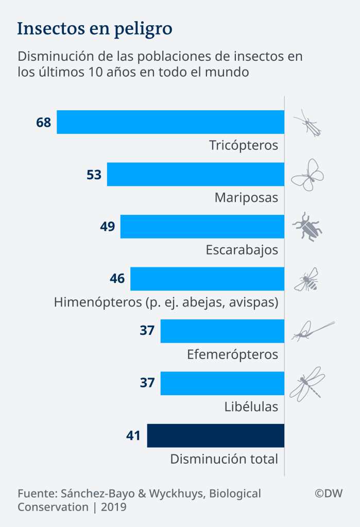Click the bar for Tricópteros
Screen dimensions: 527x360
(170, 122)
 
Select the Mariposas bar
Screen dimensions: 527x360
(195, 174)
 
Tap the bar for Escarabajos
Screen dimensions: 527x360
(202, 227)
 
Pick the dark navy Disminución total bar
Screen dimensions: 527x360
(215, 436)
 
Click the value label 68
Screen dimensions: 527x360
(43, 123)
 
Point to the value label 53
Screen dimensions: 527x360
(94, 175)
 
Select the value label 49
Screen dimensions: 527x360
(107, 227)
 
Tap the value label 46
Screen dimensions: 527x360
(117, 279)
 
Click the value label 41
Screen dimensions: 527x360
(133, 436)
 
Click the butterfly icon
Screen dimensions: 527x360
(307, 175)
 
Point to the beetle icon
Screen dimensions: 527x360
(307, 227)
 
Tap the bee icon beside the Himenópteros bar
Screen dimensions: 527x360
(306, 279)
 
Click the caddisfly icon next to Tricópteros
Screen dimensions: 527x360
(307, 123)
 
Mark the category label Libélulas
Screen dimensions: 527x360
(251, 406)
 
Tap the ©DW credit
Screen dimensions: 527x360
(329, 494)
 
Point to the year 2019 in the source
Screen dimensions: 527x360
(113, 507)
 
